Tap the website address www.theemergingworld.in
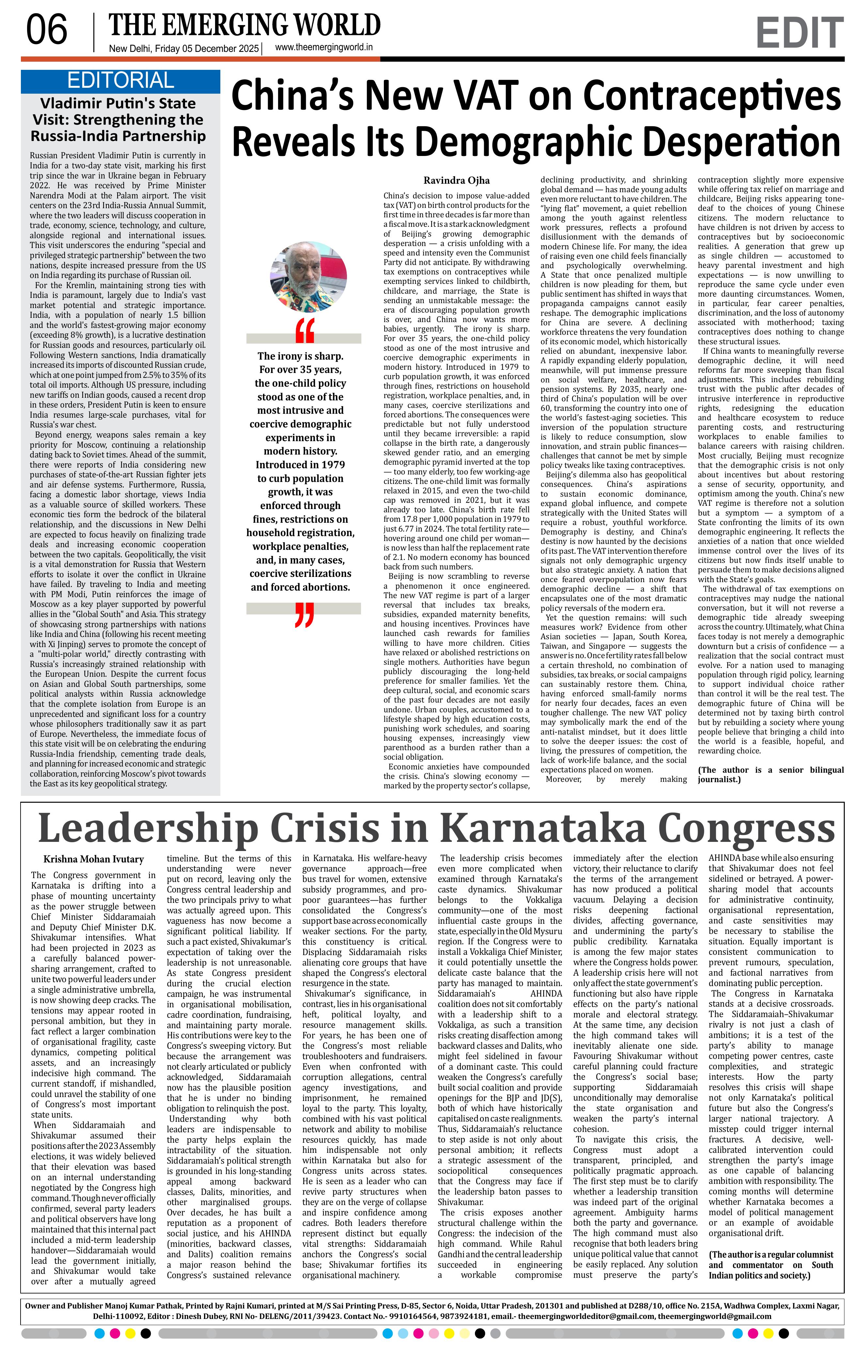point(323,48)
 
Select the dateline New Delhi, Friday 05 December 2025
point(183,49)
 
